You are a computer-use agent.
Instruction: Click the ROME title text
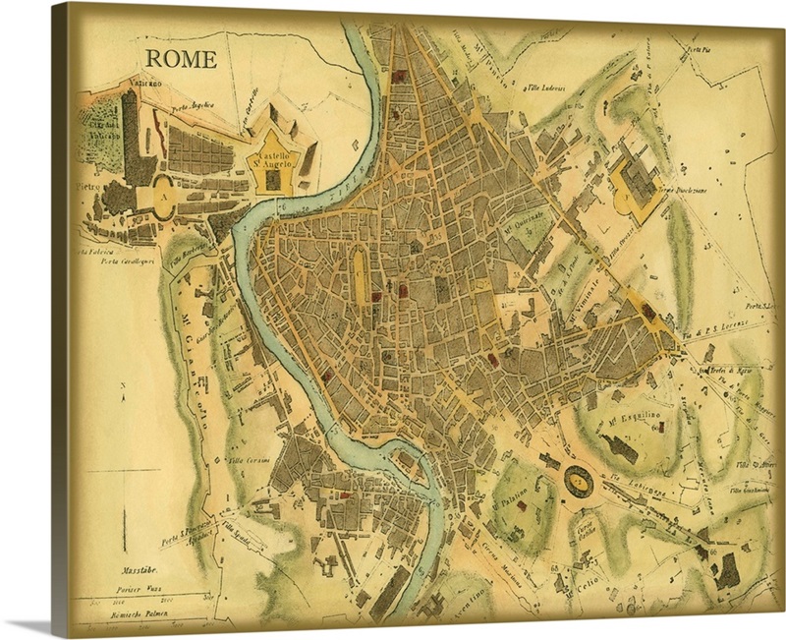183,59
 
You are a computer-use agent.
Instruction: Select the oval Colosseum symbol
576,482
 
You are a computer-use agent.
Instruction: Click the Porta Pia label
699,48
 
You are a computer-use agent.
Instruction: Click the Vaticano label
140,86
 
